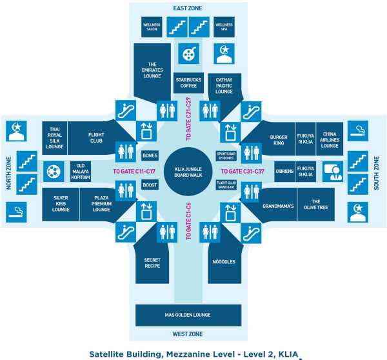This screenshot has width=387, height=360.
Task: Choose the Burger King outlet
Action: [277, 139]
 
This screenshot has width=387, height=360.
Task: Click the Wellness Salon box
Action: [151, 28]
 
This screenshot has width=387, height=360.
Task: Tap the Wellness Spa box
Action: [224, 28]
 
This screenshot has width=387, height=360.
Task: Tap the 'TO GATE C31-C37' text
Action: [243, 172]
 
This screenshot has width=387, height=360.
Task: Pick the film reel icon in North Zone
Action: [52, 172]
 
